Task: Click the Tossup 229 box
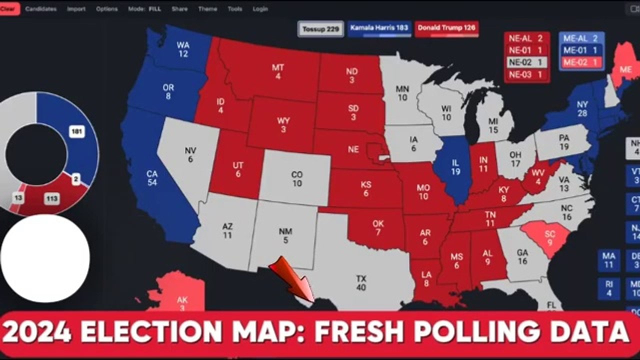(x=320, y=29)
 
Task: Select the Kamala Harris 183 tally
(x=379, y=28)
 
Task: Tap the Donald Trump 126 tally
(x=447, y=28)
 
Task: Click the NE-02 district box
(x=526, y=62)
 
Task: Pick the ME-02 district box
(x=581, y=62)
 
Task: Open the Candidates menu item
(x=41, y=9)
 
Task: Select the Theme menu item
(x=207, y=9)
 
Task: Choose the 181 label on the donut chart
(x=76, y=132)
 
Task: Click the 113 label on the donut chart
(x=50, y=198)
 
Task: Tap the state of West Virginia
(x=537, y=176)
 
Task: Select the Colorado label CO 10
(x=297, y=179)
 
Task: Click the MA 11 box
(x=608, y=260)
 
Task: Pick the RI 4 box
(x=608, y=289)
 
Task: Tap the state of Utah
(x=238, y=169)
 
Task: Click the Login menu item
(x=260, y=9)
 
